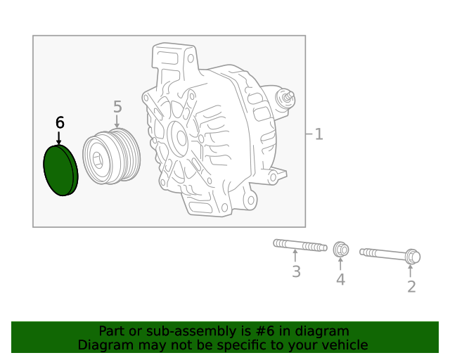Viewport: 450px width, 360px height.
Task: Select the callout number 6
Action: coord(60,122)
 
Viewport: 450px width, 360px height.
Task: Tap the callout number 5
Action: coord(117,107)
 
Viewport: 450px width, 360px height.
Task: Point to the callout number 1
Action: coord(319,134)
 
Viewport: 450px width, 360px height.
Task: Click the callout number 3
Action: coord(296,271)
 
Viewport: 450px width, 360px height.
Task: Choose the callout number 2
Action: coord(411,286)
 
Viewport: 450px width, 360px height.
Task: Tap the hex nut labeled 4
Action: coord(340,249)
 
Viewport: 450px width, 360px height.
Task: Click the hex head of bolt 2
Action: coord(412,257)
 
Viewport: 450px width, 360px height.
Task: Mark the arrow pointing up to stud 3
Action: coord(296,257)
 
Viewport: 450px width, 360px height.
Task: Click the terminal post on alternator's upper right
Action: coord(285,98)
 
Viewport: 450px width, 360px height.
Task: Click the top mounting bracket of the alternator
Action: coord(173,56)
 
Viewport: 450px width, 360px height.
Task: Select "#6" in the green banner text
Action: coord(271,330)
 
